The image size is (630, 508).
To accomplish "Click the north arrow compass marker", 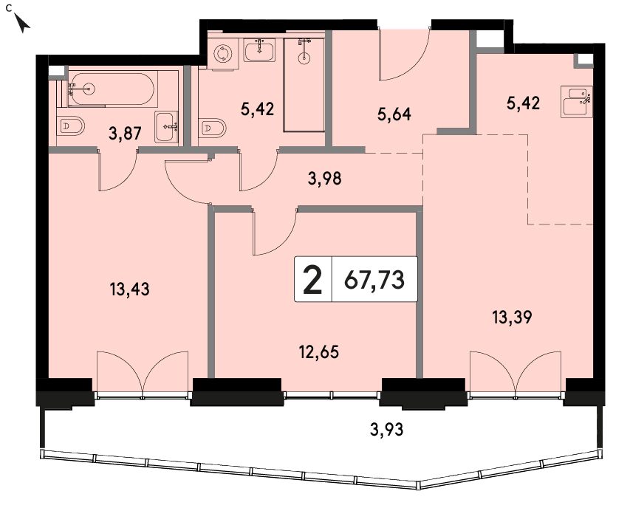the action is (22, 23).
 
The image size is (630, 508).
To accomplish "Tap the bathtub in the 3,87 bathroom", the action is (111, 89).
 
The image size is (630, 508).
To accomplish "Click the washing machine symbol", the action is (223, 53).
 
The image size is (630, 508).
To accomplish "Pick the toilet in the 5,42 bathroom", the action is (212, 128).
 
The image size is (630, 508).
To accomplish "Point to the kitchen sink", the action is (576, 102).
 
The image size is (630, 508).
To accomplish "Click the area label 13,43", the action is (129, 289).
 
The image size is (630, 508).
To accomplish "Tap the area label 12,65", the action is (318, 352).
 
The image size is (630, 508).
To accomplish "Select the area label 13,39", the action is (512, 317).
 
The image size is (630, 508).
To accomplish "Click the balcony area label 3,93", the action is (386, 430).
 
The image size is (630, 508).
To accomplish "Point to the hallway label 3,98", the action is (325, 178).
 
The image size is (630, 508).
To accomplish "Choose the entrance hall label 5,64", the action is (394, 114).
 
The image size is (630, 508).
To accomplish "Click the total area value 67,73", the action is (374, 280).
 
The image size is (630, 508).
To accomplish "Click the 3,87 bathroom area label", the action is (125, 134).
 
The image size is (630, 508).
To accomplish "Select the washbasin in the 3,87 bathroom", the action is (166, 127).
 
